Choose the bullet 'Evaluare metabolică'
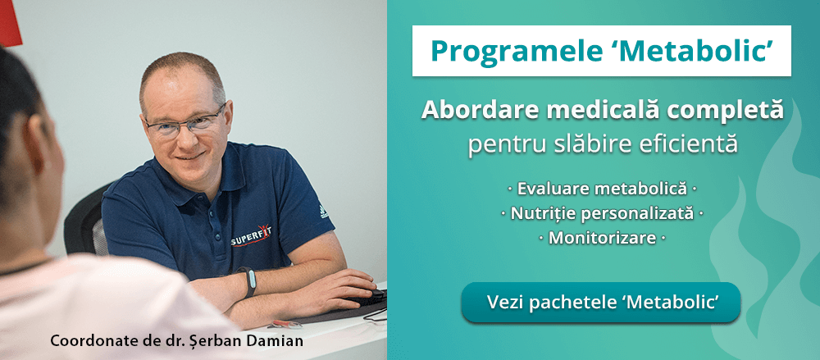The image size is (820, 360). pyautogui.click(x=602, y=189)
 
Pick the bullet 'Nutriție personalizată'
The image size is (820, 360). pyautogui.click(x=602, y=214)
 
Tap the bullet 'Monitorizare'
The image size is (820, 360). pyautogui.click(x=602, y=239)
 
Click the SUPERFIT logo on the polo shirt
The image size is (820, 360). pyautogui.click(x=249, y=239)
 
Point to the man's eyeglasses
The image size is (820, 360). pyautogui.click(x=184, y=124)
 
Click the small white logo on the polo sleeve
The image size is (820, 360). pyautogui.click(x=323, y=211)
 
